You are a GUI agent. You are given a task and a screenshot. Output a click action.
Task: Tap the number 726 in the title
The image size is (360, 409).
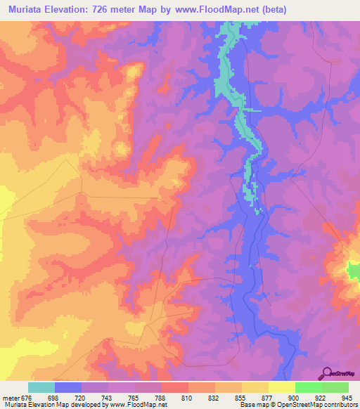click(x=105, y=9)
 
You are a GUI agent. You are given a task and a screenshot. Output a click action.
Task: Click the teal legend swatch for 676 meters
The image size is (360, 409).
click(x=41, y=387)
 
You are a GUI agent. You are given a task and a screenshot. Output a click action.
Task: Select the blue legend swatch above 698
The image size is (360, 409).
click(x=68, y=387)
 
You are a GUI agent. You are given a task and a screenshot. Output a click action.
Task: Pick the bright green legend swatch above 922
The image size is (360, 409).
click(x=308, y=387)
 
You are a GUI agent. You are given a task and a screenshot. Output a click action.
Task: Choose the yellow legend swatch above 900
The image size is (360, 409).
click(x=281, y=387)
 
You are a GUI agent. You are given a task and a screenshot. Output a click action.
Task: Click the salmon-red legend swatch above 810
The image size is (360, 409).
click(x=174, y=387)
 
